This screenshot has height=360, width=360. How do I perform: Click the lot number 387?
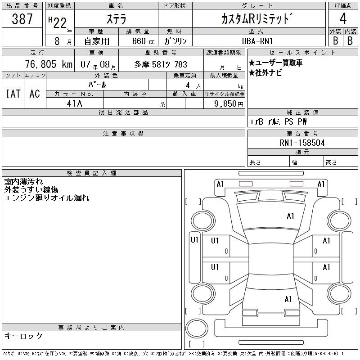22,18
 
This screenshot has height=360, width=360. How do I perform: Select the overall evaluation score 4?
342,19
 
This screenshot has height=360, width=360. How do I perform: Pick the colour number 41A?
74,103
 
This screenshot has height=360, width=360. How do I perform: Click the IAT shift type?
13,94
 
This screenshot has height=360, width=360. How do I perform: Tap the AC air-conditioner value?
35,94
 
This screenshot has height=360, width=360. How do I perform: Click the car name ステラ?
116,19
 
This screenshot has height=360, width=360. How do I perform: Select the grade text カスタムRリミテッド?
257,19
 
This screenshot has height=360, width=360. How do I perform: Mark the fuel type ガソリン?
175,41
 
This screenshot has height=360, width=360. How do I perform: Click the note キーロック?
23,336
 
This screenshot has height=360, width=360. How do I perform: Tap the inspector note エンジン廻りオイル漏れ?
47,198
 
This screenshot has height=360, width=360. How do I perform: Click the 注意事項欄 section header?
123,134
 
